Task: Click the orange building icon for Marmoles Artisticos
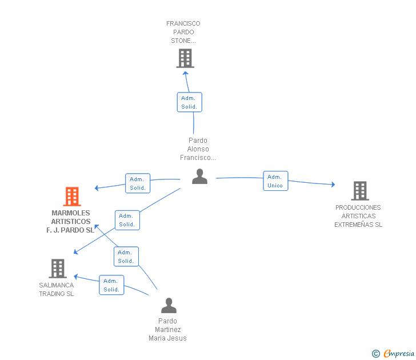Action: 72,197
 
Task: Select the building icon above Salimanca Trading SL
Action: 58,268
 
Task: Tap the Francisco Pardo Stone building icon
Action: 185,58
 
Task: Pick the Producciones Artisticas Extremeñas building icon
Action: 360,191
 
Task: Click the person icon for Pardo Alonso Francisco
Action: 200,177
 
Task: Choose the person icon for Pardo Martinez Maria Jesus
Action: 169,305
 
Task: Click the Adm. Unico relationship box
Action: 275,181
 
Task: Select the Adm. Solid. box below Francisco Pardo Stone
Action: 190,102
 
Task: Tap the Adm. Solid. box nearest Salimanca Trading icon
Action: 111,285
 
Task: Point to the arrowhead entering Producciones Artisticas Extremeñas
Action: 333,185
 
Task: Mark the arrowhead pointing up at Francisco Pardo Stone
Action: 186,73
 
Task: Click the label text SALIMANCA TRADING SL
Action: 57,290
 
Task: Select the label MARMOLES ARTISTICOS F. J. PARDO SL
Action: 71,222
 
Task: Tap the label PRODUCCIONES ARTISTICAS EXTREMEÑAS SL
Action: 358,216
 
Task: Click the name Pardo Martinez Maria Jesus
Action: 167,330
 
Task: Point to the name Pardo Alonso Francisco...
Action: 198,149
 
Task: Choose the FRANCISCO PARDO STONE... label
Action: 183,32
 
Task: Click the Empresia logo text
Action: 399,353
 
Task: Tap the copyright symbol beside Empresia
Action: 376,354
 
